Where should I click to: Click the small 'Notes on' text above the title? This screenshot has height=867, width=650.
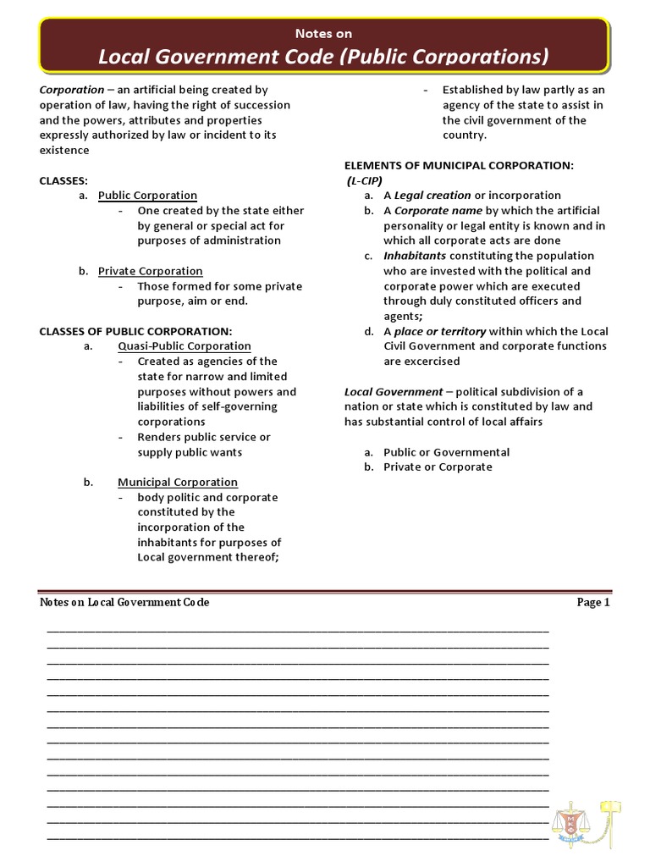[324, 34]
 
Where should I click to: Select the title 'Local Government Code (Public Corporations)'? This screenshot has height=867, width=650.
[324, 57]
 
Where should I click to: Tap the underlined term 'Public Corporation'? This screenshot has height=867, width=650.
[147, 196]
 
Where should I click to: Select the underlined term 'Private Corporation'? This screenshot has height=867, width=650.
[150, 271]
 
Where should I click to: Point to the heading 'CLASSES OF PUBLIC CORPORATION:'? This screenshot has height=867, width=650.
[135, 331]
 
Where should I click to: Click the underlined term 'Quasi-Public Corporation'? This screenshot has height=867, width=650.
[184, 346]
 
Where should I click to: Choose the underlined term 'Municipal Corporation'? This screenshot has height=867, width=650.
[177, 483]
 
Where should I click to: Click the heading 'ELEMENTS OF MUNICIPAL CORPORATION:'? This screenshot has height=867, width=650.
[459, 165]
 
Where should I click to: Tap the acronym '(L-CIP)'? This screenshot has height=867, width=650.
[364, 180]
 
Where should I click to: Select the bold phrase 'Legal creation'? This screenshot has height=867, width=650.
[432, 196]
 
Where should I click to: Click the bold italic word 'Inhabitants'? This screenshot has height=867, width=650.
[415, 256]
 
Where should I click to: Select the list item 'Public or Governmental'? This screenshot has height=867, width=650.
[446, 452]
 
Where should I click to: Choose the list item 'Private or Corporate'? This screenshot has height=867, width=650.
[437, 467]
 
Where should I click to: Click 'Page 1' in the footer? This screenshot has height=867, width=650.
[592, 603]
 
